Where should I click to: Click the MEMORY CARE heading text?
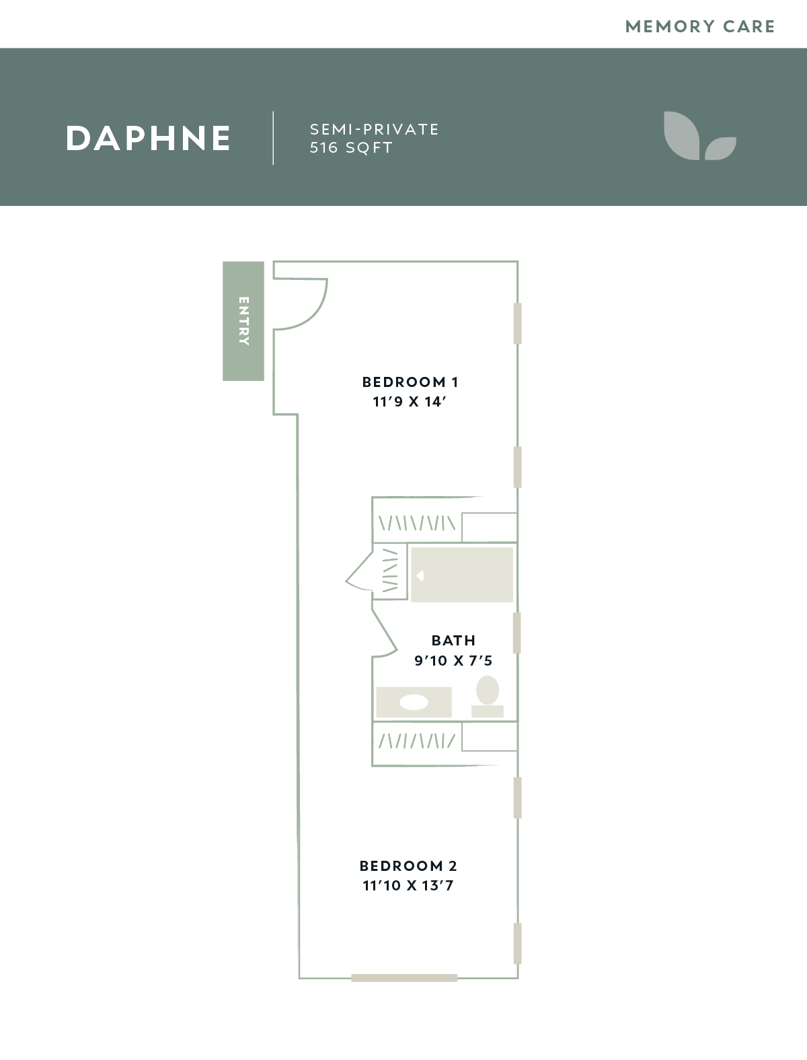[700, 26]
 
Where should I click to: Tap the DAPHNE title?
[148, 139]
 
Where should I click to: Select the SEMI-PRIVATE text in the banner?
[375, 129]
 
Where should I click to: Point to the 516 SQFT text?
[351, 148]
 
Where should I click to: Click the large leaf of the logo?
[681, 135]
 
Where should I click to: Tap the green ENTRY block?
[243, 321]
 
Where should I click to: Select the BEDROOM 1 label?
[410, 382]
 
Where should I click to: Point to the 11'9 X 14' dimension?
[409, 402]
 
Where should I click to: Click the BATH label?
[453, 640]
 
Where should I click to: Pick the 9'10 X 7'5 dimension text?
[453, 660]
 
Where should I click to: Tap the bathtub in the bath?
[461, 575]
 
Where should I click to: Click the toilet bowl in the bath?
[487, 690]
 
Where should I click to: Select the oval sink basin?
[414, 702]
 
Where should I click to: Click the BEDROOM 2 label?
[408, 866]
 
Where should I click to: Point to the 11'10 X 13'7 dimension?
[408, 886]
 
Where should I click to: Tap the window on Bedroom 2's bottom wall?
[404, 978]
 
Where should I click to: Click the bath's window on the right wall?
[517, 633]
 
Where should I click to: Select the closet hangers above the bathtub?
[417, 524]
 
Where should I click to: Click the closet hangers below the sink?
[417, 741]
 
